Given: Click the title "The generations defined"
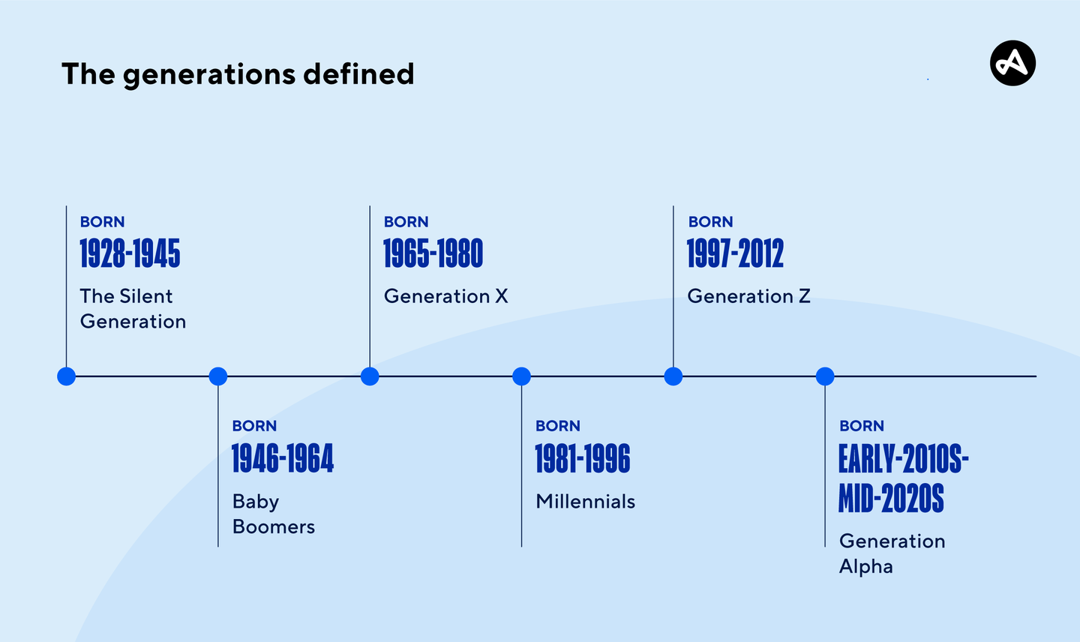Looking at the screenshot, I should click(237, 74).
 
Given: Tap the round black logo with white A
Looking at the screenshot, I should click(1012, 63).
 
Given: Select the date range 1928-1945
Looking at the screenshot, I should click(130, 254).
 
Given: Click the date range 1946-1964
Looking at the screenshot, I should click(282, 459).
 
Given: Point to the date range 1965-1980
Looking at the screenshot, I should click(433, 254).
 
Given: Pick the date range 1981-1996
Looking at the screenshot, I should click(582, 459).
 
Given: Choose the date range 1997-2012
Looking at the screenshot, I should click(735, 254).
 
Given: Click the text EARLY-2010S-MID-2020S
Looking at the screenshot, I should click(902, 478).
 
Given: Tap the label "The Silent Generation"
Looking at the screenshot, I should click(133, 308).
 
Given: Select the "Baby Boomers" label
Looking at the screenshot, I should click(273, 514).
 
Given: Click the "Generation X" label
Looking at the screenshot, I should click(445, 296).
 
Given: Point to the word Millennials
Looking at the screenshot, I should click(585, 501).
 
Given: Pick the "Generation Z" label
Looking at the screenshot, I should click(748, 296).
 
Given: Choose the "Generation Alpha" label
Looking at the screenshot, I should click(891, 553).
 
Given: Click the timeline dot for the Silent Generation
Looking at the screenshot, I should click(66, 376).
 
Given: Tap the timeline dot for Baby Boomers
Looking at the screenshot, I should click(218, 376).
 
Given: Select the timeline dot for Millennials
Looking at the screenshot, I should click(521, 376).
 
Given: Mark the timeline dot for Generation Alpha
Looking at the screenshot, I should click(825, 376).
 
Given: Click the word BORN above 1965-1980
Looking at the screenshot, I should click(406, 222).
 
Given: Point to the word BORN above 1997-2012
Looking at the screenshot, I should click(710, 222).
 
